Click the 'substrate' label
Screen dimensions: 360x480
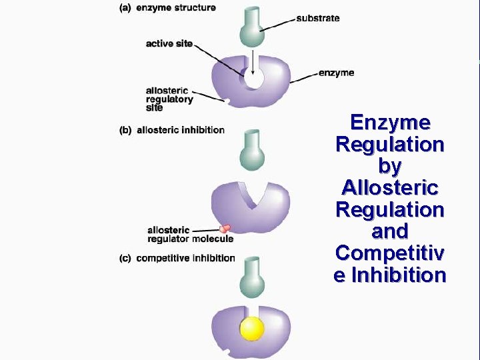317,18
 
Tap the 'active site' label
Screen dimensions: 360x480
169,44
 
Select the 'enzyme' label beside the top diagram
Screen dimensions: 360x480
336,73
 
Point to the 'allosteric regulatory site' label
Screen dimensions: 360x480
169,99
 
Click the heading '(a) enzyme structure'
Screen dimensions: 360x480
167,7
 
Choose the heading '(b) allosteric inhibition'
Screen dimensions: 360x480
172,130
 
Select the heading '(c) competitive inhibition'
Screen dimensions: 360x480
177,258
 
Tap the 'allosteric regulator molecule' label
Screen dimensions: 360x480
190,235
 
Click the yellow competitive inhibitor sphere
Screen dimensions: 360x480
253,329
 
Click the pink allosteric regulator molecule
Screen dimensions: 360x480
226,228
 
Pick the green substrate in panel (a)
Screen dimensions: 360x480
253,29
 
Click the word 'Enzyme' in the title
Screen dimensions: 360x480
390,123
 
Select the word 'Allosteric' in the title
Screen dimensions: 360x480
390,187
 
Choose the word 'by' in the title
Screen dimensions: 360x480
390,166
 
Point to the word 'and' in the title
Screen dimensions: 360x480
390,231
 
